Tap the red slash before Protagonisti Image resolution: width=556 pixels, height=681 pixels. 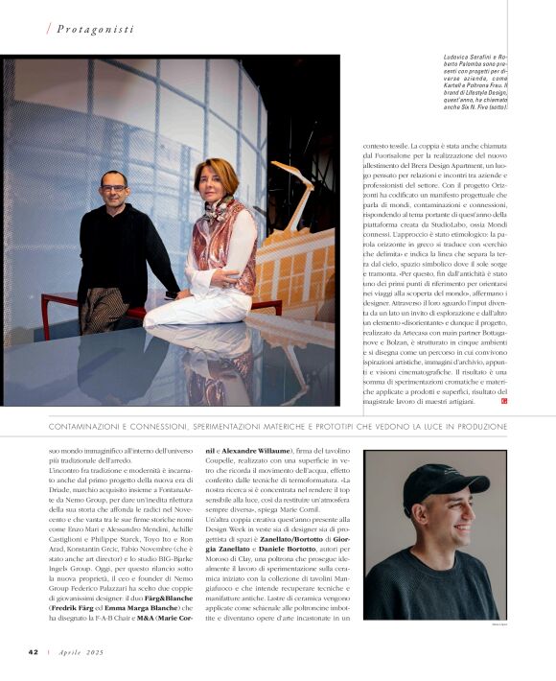[x=49, y=29]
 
